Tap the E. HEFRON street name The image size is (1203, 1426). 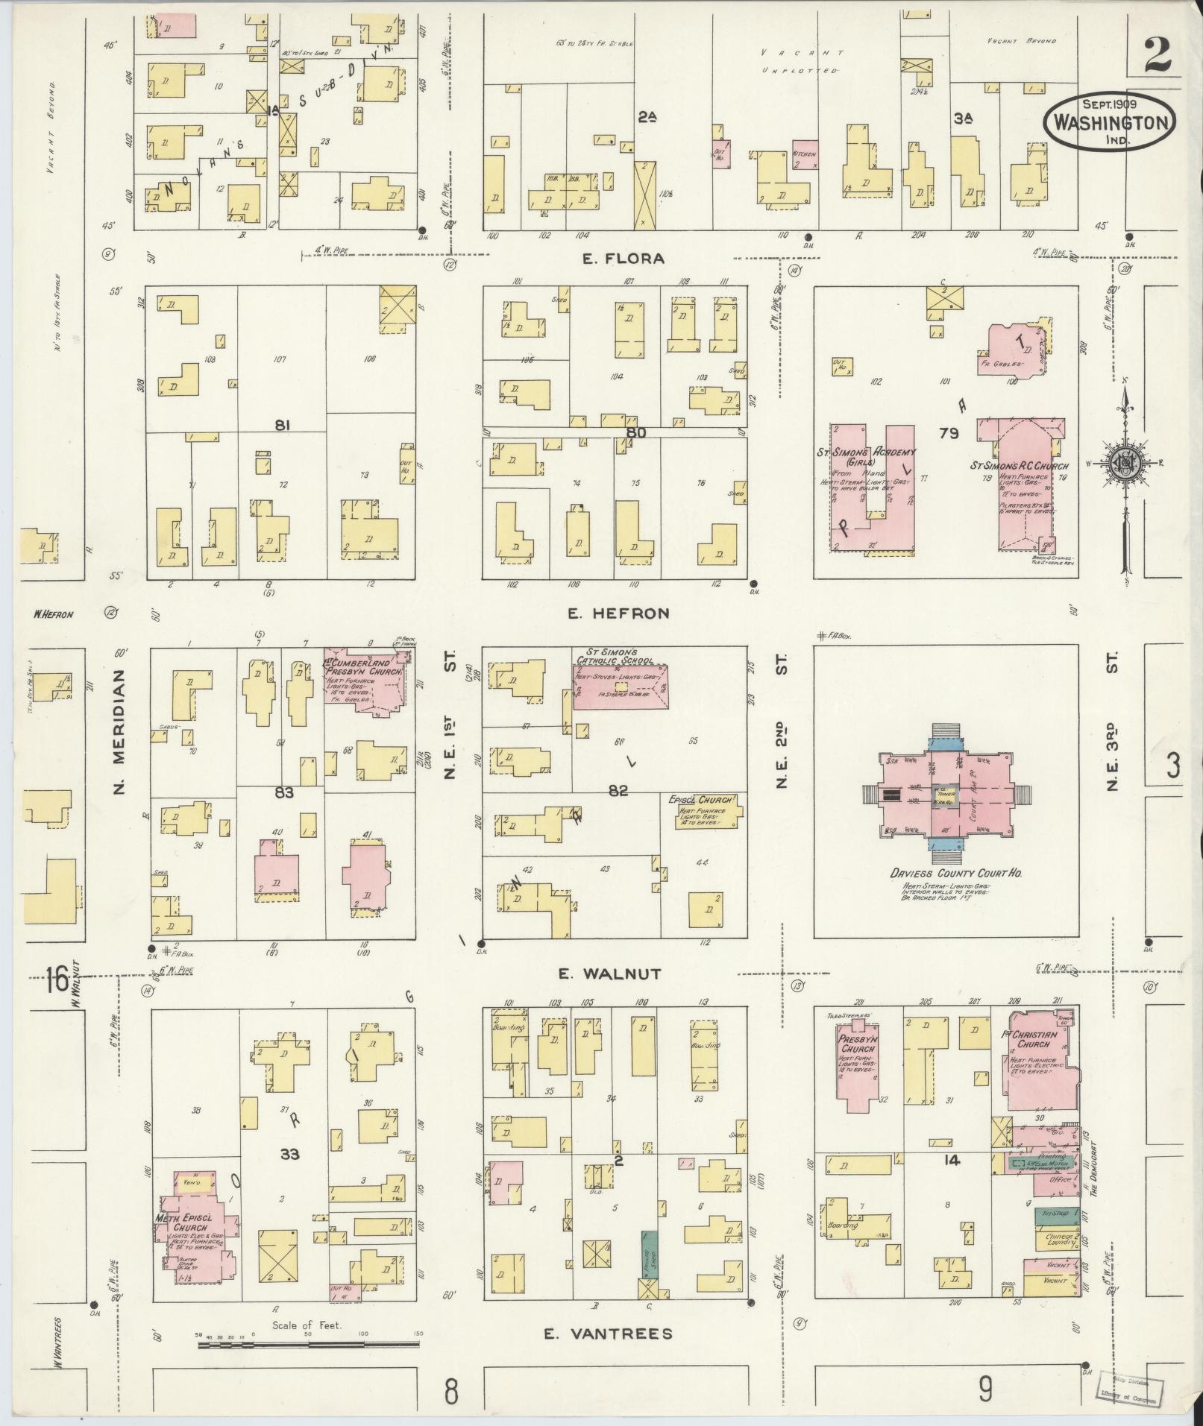618,613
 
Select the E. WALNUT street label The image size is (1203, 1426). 609,974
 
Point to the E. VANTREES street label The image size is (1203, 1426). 607,1334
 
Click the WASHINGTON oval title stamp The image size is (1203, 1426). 1109,122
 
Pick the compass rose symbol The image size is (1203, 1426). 1126,464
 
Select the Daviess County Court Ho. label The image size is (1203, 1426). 945,872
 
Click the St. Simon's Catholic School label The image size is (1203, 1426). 616,656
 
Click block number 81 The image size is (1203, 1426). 281,426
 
